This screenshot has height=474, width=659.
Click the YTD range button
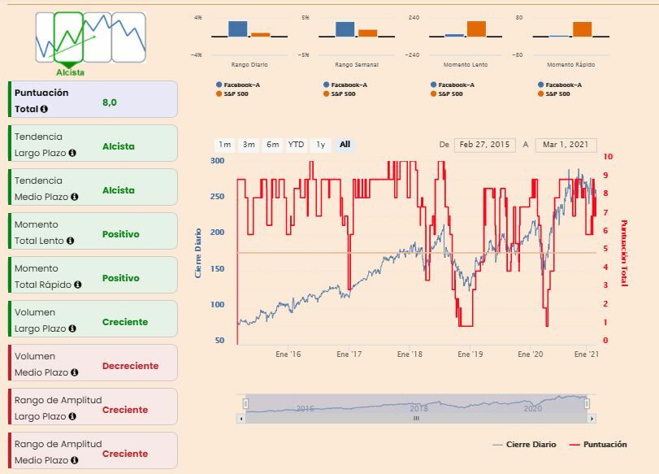pyautogui.click(x=297, y=145)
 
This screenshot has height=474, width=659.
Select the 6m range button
pyautogui.click(x=273, y=145)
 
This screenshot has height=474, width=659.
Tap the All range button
pyautogui.click(x=345, y=145)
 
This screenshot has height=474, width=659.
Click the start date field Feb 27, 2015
pyautogui.click(x=484, y=145)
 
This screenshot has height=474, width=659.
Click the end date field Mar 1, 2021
pyautogui.click(x=566, y=145)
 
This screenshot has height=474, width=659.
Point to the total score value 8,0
pyautogui.click(x=110, y=102)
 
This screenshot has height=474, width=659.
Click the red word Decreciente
pyautogui.click(x=130, y=366)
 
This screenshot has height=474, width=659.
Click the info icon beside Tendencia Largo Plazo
pyautogui.click(x=72, y=153)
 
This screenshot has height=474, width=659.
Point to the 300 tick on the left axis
pyautogui.click(x=217, y=161)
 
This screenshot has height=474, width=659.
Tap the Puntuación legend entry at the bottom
pyautogui.click(x=605, y=445)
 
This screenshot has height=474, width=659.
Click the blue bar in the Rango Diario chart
pyautogui.click(x=237, y=28)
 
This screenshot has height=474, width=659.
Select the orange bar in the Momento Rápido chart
pyautogui.click(x=583, y=29)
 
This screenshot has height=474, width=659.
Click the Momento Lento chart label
pyautogui.click(x=466, y=64)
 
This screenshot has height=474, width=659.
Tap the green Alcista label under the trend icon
pyautogui.click(x=71, y=72)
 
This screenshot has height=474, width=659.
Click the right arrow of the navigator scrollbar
pyautogui.click(x=592, y=418)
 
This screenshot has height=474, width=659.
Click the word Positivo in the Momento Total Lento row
pyautogui.click(x=121, y=234)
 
